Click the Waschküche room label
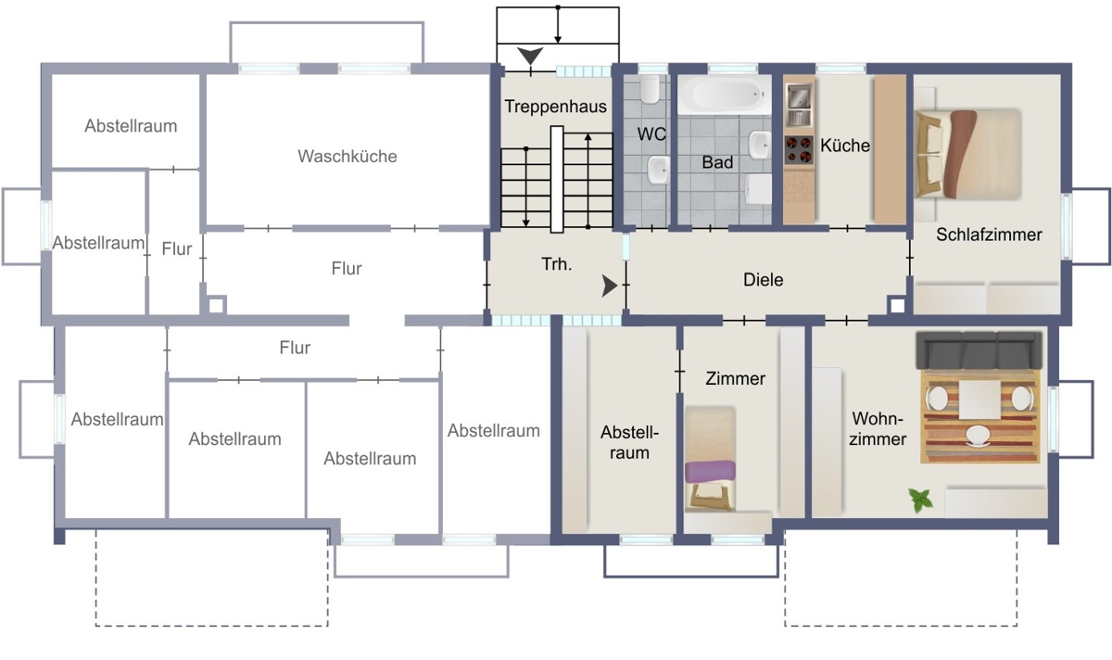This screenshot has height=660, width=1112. click(x=347, y=157)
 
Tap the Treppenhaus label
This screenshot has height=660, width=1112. click(x=555, y=107)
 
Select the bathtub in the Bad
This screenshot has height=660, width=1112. click(x=725, y=95)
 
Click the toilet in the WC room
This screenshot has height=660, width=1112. click(x=650, y=89)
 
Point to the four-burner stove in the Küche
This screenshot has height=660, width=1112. click(x=799, y=150)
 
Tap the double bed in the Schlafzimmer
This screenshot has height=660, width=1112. click(x=967, y=154)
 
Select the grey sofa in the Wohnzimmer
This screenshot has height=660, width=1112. click(x=979, y=350)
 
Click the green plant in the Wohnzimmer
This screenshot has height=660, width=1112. click(x=920, y=500)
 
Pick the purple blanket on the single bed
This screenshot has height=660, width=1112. click(x=710, y=471)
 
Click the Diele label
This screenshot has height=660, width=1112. click(x=763, y=280)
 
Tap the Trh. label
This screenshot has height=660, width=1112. click(x=557, y=264)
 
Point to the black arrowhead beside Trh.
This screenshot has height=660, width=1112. click(x=609, y=286)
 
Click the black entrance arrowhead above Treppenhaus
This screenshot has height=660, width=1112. click(x=530, y=56)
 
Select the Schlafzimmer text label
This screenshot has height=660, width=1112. click(x=989, y=235)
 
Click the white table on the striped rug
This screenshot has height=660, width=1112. click(x=979, y=400)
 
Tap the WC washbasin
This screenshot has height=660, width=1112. click(x=658, y=171)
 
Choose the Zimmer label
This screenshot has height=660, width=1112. click(x=735, y=378)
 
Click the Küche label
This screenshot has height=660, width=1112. click(x=845, y=146)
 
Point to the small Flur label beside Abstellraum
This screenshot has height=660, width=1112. click(x=177, y=248)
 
